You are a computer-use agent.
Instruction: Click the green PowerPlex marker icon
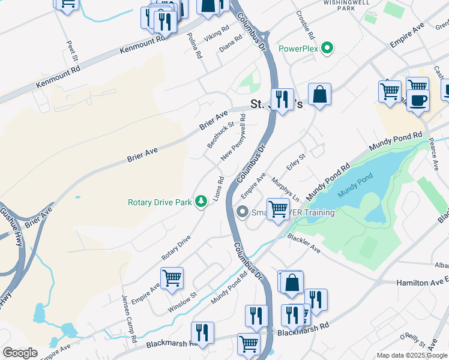327,47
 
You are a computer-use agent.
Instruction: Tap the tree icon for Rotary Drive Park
203,202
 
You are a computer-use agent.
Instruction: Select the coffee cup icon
418,100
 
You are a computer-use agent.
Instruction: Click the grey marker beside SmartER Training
243,212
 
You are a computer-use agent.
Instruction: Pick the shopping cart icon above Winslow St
172,278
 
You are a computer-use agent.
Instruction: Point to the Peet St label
70,50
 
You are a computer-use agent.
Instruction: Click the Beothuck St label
220,135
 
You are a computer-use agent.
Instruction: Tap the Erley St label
296,162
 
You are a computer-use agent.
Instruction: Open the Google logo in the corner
20,353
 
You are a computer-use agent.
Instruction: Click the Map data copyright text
412,355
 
